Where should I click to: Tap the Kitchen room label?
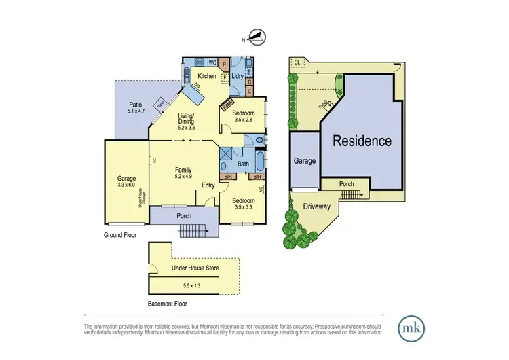tap(207, 77)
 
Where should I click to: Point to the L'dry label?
tap(238, 77)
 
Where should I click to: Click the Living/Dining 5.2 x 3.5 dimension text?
tap(186, 127)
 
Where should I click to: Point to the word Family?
tap(183, 170)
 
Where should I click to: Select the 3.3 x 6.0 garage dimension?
tap(126, 185)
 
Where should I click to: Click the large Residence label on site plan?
tap(362, 141)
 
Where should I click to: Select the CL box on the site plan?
tap(297, 63)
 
